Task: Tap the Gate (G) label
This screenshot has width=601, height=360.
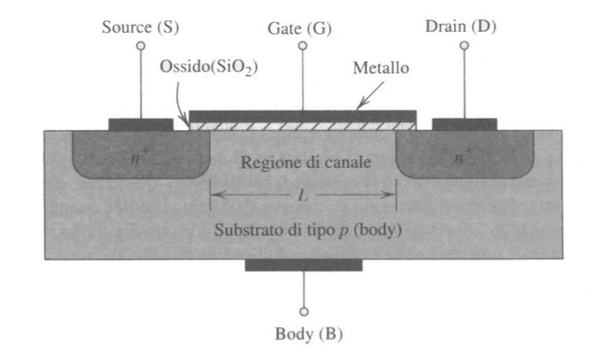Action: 300,28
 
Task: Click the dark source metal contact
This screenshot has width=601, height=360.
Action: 140,124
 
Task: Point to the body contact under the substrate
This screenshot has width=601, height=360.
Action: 304,264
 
